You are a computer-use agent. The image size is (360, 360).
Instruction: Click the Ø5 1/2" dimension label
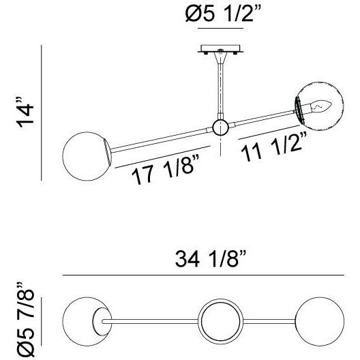pos(223,14)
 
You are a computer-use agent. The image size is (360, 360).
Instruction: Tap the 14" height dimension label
pos(25,112)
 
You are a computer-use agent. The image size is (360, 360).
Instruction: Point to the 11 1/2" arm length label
pos(274,147)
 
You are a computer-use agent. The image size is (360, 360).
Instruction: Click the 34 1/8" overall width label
pos(210,259)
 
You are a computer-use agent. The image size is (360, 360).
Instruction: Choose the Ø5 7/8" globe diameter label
pos(25,320)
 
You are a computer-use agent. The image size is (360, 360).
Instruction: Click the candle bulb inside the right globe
pos(321,107)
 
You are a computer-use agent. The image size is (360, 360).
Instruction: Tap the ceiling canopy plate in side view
pos(220,49)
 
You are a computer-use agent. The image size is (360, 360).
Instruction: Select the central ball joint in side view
pos(220,127)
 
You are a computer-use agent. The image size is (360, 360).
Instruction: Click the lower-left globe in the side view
pos(87,156)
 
